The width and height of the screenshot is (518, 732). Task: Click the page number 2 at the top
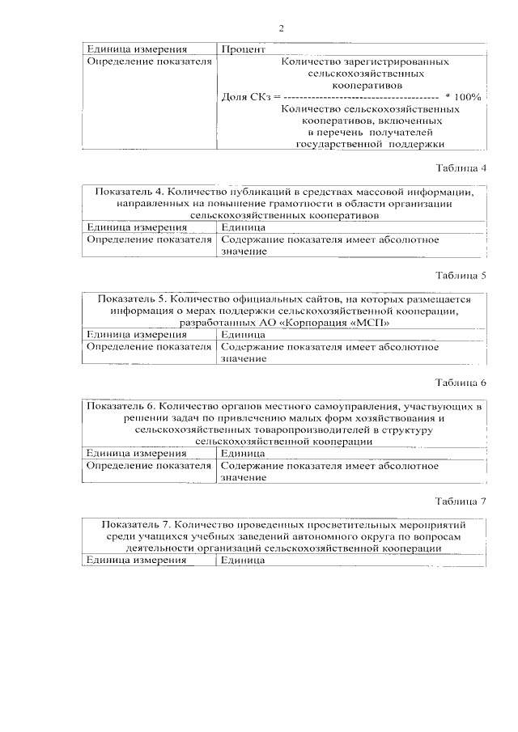coord(282,29)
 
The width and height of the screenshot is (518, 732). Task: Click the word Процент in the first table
coord(241,49)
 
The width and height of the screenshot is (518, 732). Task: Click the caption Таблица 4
coord(461,168)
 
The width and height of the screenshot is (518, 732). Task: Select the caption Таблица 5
coord(461,275)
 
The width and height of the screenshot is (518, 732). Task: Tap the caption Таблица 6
coord(461,382)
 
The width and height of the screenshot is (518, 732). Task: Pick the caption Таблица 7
coord(461,501)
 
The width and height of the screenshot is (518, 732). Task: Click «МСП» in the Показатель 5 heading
coord(373,323)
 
